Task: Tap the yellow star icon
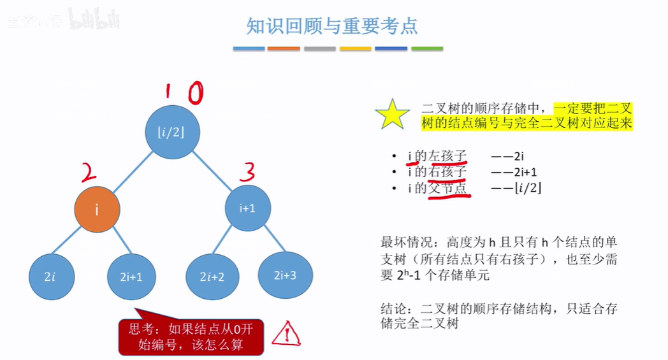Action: [392, 115]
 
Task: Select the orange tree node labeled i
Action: [98, 208]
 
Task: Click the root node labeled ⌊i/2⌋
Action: [173, 133]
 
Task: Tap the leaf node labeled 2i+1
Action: [131, 276]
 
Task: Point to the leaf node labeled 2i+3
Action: [284, 275]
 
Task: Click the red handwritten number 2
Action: [89, 171]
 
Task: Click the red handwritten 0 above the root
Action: [194, 94]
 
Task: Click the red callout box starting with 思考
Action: [191, 338]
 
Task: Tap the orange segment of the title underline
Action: [284, 48]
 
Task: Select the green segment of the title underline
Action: [427, 48]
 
